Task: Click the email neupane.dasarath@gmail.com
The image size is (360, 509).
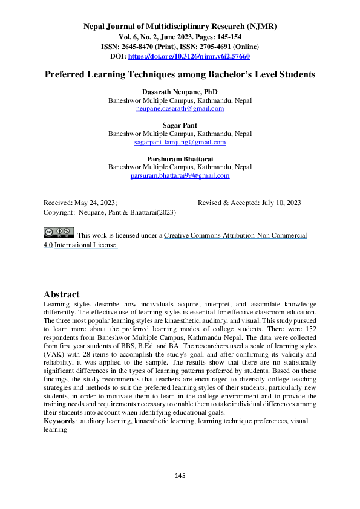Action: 180,109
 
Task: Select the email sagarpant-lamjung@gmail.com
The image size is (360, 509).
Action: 180,142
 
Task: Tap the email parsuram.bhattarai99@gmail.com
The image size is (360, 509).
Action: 180,175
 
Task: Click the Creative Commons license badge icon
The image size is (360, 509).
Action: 57,233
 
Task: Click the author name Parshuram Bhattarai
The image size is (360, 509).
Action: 180,158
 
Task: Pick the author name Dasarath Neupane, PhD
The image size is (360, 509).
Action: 180,91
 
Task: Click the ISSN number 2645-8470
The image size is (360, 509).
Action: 141,47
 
